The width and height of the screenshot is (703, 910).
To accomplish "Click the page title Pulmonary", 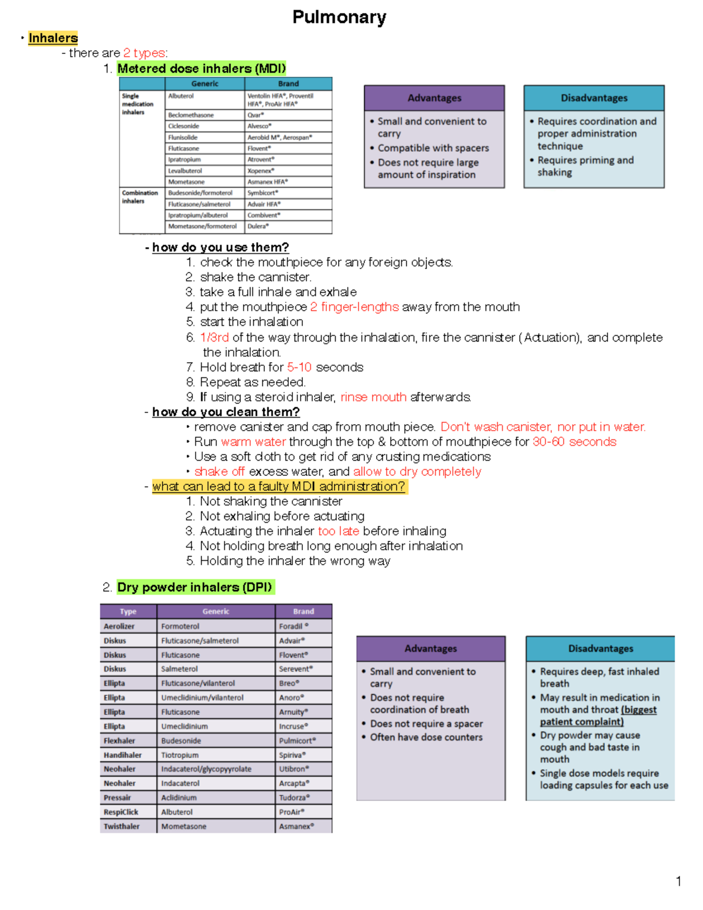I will pos(339,18).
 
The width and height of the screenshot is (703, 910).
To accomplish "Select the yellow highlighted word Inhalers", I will pos(53,38).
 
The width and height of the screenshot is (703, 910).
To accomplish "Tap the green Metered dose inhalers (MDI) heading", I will pos(202,69).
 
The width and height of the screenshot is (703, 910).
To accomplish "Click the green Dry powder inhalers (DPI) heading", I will pos(194,587).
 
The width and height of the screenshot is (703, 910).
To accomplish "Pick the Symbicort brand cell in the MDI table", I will pos(262,193).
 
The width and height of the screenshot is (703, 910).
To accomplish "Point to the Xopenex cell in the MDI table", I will pos(261,171).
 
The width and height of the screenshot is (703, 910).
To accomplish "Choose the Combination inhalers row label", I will pos(139,197).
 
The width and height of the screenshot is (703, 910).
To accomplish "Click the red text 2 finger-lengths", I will pos(354,307).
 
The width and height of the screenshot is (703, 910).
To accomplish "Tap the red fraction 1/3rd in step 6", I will pos(214,338).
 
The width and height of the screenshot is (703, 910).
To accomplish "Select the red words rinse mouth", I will pos(373,397).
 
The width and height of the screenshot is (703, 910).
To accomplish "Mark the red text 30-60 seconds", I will pos(574,442).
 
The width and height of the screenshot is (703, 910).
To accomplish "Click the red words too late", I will pos(338,531).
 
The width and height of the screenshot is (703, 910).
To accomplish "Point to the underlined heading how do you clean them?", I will pos(226,412).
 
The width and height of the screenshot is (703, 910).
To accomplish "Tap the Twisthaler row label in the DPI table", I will pos(121,826).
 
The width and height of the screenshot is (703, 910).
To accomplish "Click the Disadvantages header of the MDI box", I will pos(594,98).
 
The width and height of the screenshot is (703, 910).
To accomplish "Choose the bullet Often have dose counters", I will pos(426,737).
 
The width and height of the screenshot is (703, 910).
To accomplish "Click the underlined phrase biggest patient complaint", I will pos(598,716).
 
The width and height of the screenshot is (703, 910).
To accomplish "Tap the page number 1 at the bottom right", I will pos(678,881).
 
